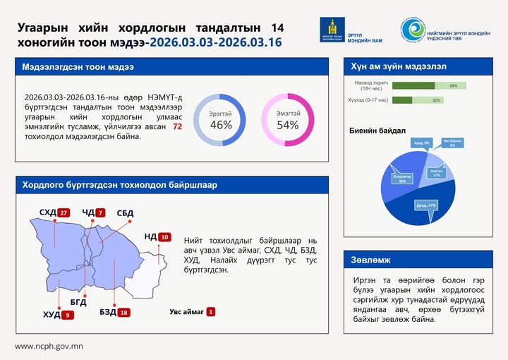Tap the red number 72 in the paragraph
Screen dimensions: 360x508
tap(177, 126)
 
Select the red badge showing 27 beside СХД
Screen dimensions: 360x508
tap(64, 212)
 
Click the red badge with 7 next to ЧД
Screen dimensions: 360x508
tap(100, 212)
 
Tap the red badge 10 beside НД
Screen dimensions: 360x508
tap(165, 237)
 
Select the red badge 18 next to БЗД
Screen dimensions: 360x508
tap(124, 312)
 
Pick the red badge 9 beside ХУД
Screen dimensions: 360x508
tap(68, 315)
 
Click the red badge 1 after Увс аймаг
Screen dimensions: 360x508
tap(211, 311)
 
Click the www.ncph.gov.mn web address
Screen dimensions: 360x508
tap(49, 346)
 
